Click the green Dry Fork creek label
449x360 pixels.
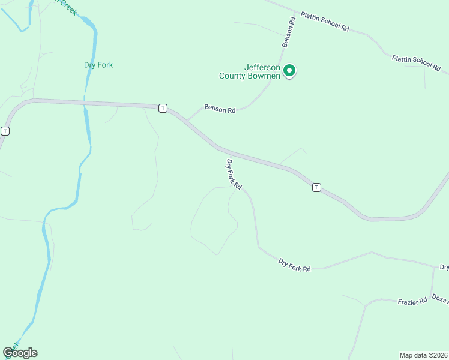98,65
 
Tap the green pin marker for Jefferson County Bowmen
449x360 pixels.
289,71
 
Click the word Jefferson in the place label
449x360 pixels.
262,67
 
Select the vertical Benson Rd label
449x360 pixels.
289,32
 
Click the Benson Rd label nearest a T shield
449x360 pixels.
220,109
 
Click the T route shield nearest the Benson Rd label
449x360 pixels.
163,108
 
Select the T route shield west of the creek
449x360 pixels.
5,131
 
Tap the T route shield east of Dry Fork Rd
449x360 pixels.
316,187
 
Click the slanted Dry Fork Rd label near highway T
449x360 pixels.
233,175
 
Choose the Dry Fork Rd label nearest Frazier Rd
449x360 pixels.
294,265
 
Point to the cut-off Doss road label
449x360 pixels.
440,299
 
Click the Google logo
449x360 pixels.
20,352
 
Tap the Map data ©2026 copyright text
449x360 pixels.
423,355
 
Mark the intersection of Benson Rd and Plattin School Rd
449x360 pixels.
295,12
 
